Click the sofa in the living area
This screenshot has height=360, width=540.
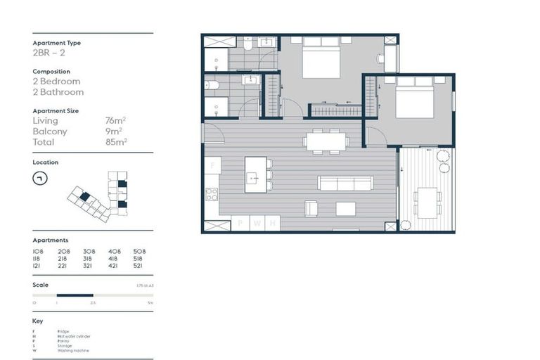pyautogui.click(x=345, y=184)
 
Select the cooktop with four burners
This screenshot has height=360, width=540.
pyautogui.click(x=212, y=195)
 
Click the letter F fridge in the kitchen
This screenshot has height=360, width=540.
pyautogui.click(x=212, y=166)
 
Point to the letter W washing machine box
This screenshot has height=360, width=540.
pyautogui.click(x=257, y=224)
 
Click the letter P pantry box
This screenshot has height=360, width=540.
pyautogui.click(x=241, y=224)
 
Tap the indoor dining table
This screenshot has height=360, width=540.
pyautogui.click(x=326, y=141)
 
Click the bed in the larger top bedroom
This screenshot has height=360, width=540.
pyautogui.click(x=321, y=58)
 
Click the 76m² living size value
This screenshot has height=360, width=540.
pyautogui.click(x=114, y=121)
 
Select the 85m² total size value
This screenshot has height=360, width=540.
pyautogui.click(x=115, y=141)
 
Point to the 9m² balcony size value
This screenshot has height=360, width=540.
pyautogui.click(x=113, y=131)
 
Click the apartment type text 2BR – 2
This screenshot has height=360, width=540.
pyautogui.click(x=49, y=53)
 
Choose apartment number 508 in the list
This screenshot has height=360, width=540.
pyautogui.click(x=139, y=251)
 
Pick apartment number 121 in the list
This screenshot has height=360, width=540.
pyautogui.click(x=38, y=266)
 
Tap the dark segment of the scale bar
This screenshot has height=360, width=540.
pyautogui.click(x=75, y=295)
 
